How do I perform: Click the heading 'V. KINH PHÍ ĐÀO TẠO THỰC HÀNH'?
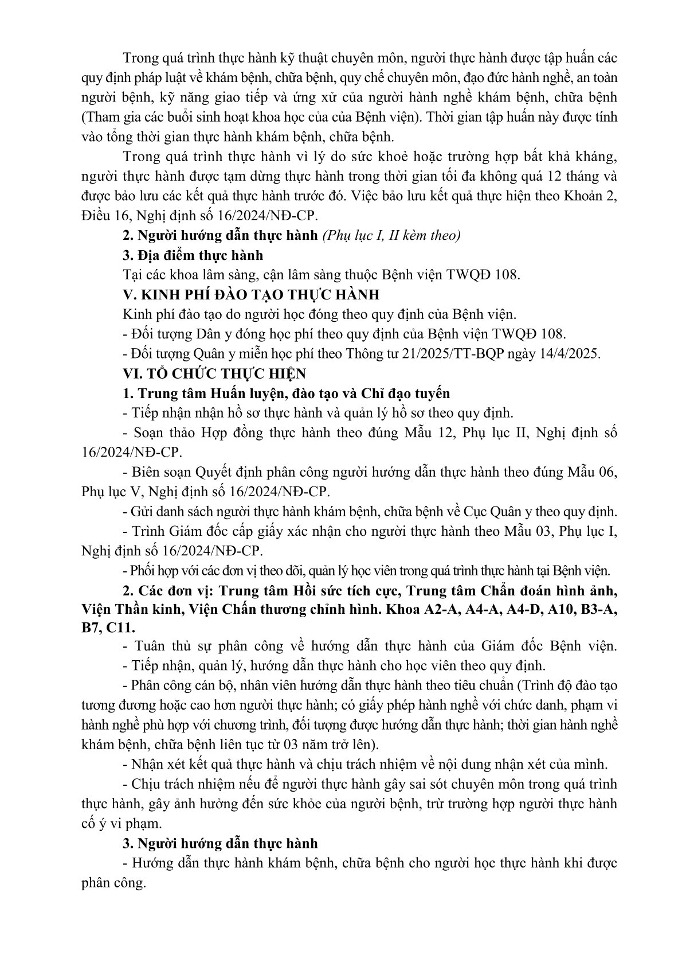point(251,295)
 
